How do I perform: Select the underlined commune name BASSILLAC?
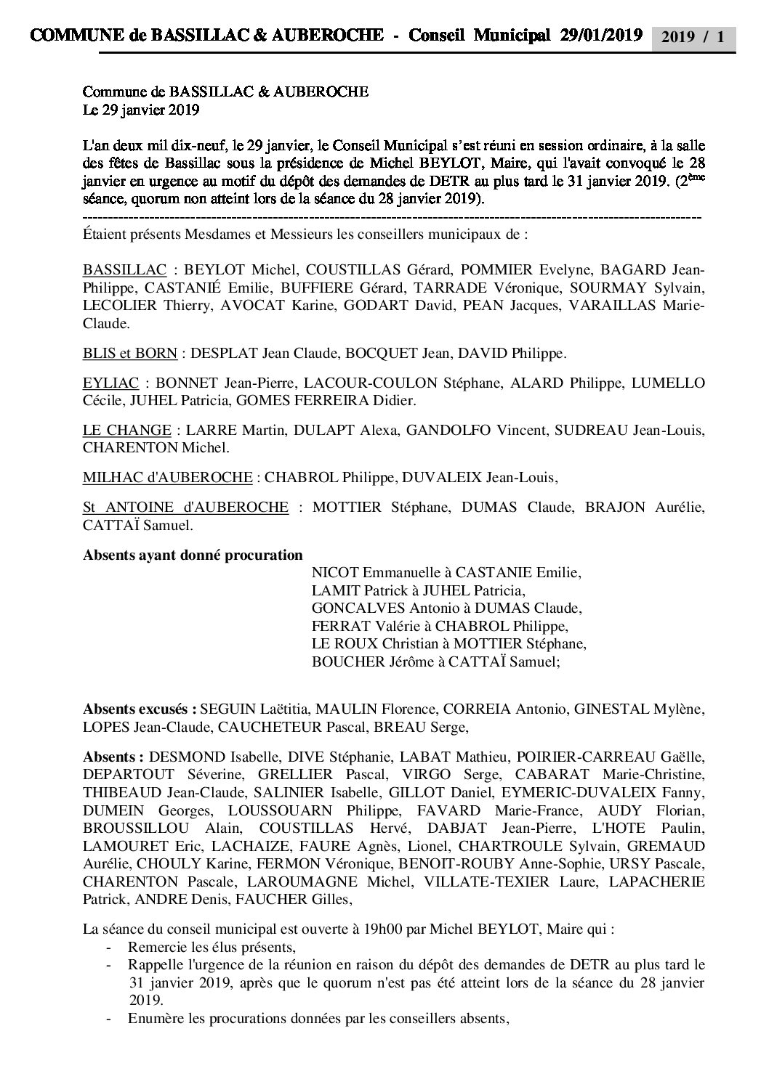click(125, 269)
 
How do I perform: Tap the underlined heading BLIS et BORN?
click(130, 354)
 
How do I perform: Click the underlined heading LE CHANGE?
click(127, 430)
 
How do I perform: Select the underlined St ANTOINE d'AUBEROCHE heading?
click(185, 507)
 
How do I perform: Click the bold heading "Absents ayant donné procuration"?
click(193, 555)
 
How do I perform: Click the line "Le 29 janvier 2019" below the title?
click(141, 111)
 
